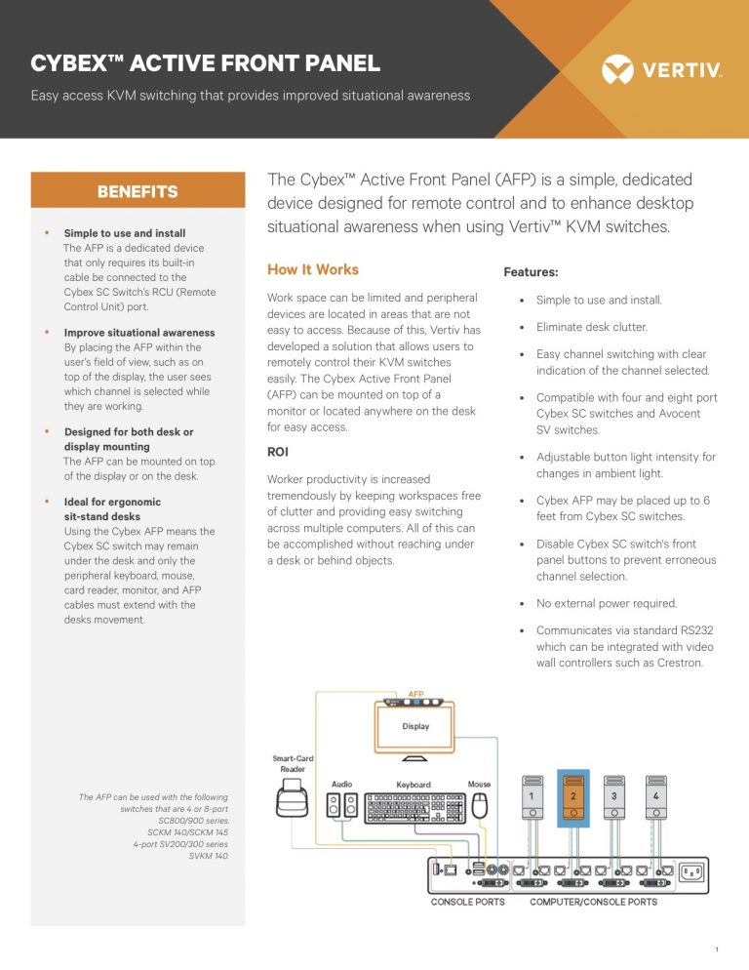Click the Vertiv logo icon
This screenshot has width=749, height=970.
pos(617,69)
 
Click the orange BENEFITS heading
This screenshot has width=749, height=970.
pos(138,191)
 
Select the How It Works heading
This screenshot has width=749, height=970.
pos(312,269)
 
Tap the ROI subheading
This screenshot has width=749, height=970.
pos(277,452)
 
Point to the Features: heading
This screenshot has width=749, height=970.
pos(531,272)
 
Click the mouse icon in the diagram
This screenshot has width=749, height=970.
pos(478,806)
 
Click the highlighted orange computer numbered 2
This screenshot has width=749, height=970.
pos(572,798)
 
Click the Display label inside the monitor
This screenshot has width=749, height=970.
pos(415,726)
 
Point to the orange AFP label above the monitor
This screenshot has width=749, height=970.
pos(415,694)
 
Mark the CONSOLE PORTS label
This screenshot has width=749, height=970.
pos(468,902)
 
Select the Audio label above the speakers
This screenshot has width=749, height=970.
pos(341,784)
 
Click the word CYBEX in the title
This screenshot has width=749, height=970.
pos(71,64)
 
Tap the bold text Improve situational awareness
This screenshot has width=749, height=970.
pos(139,333)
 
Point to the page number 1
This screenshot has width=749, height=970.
pos(717,949)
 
